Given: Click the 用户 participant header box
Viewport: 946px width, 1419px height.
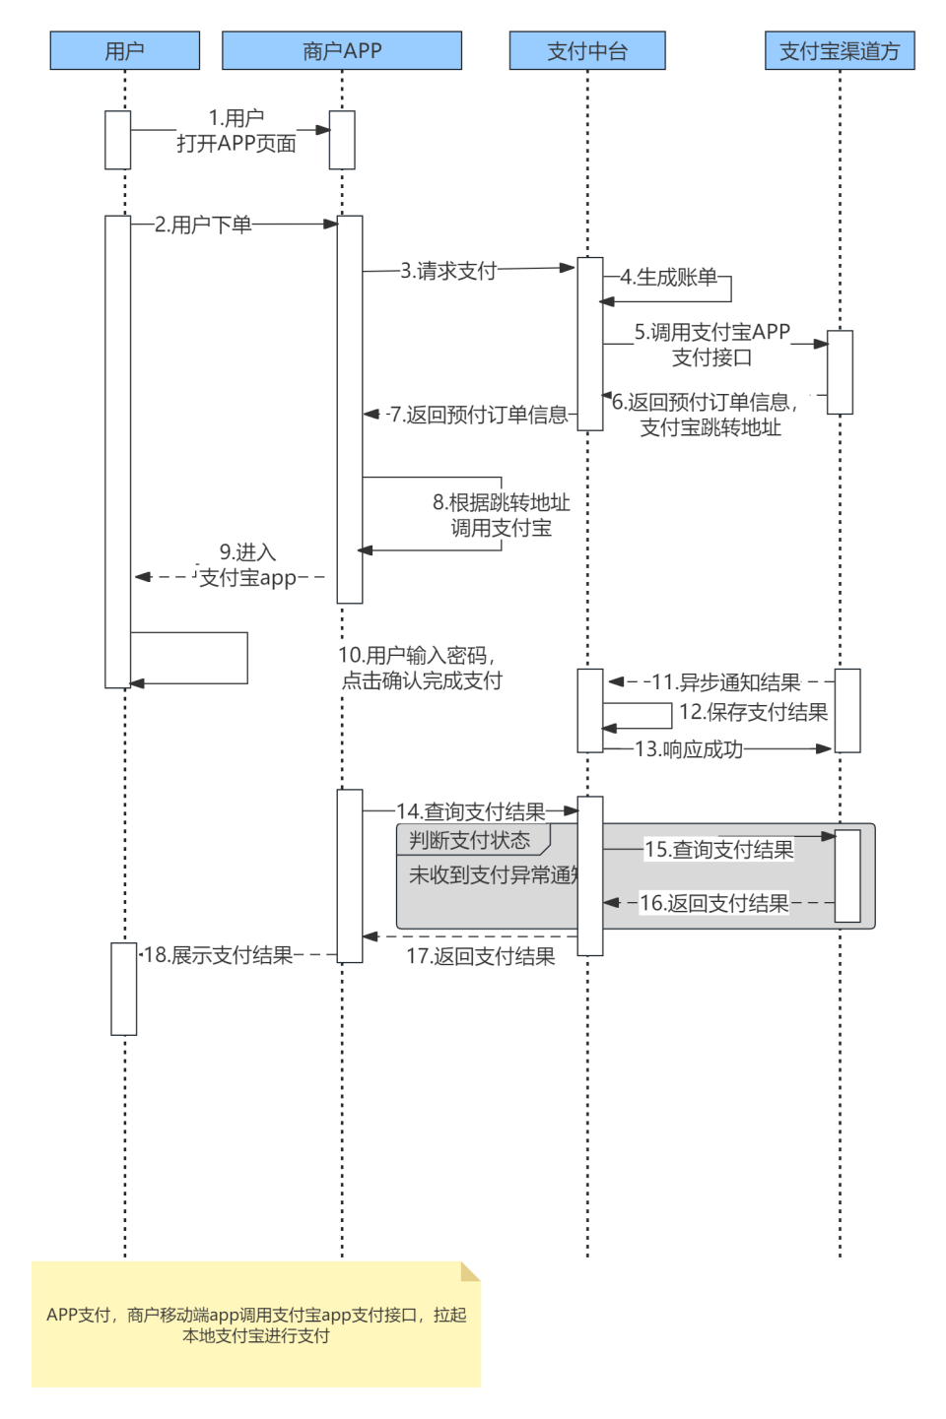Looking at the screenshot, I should tap(124, 51).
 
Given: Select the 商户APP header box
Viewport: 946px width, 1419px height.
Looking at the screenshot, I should tap(341, 51).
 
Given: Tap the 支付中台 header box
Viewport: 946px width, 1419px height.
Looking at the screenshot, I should tap(587, 51).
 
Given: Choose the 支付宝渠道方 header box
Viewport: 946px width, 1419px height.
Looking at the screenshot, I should tap(840, 51).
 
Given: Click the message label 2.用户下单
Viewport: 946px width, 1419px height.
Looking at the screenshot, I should tap(203, 225).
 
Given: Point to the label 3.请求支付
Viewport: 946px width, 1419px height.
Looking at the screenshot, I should tap(448, 271).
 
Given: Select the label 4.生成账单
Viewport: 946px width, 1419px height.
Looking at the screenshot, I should tap(668, 278).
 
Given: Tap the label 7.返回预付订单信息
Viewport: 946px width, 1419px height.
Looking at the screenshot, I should tap(478, 415).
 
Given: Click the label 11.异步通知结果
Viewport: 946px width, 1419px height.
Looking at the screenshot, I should tap(726, 682).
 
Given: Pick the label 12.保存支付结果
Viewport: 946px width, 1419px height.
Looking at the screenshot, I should tap(753, 712).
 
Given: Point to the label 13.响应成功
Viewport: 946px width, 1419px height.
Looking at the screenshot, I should tap(689, 749).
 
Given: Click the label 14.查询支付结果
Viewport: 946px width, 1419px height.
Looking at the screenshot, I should tap(471, 811).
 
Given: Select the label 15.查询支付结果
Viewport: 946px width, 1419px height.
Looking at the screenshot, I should tap(719, 850).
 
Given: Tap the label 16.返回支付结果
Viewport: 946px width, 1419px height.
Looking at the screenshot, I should tap(714, 903).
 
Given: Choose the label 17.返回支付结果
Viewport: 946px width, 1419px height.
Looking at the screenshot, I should tap(481, 956).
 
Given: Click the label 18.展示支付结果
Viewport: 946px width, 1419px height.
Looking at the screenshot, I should tap(218, 955).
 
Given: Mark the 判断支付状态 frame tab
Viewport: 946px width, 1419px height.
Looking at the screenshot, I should tap(470, 840).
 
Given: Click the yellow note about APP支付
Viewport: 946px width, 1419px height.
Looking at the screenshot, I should tap(256, 1324).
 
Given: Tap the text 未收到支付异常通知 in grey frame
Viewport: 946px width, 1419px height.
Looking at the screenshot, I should tap(493, 874).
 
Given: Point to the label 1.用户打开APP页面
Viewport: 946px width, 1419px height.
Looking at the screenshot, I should tap(236, 131).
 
